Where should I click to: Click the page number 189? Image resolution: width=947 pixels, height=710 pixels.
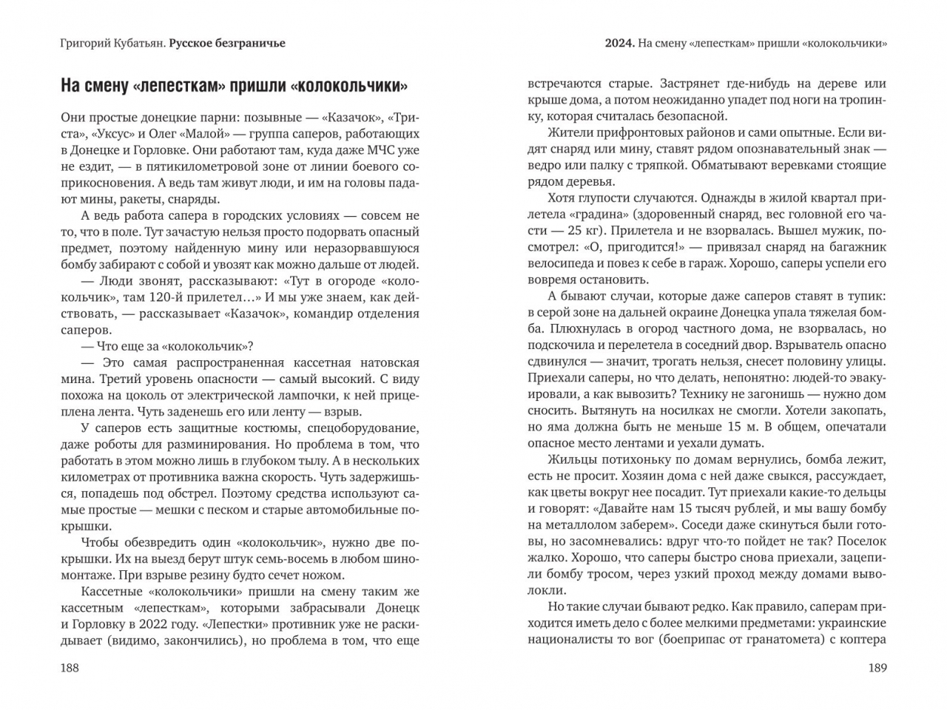(877, 668)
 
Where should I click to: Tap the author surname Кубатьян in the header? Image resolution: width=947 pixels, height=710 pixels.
(135, 43)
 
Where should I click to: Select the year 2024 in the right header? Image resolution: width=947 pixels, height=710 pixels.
(619, 43)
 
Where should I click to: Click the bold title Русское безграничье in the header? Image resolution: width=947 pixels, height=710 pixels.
(227, 43)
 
